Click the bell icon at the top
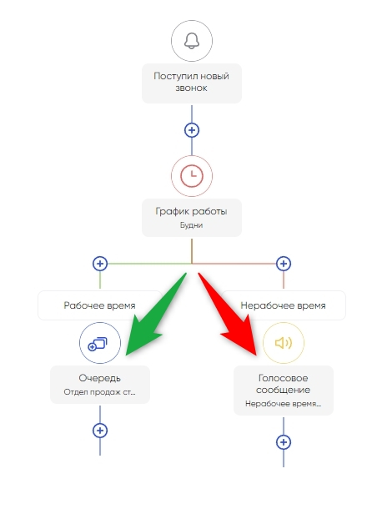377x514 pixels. coord(192,41)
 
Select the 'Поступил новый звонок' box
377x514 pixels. coord(192,83)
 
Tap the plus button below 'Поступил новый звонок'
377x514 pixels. coord(192,130)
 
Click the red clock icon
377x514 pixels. coord(192,176)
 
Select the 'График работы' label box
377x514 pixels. coord(192,218)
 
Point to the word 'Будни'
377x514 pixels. coord(191,225)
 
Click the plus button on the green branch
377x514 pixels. coord(100,264)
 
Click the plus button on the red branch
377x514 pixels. coord(284,264)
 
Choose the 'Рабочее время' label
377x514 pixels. coord(99,305)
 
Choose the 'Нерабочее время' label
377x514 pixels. coord(283,305)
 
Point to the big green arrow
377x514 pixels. coord(157,315)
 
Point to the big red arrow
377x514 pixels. coord(228,315)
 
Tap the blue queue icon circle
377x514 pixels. coord(100,343)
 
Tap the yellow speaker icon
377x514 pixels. coord(284,343)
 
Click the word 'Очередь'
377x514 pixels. coord(99,378)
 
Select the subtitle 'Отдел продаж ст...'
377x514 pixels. coord(99,392)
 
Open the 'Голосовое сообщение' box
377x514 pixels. coord(284,391)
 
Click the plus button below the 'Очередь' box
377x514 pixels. coord(100,431)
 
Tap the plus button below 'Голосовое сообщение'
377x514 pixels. coord(284,442)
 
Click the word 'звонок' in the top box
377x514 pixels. coord(191,88)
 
